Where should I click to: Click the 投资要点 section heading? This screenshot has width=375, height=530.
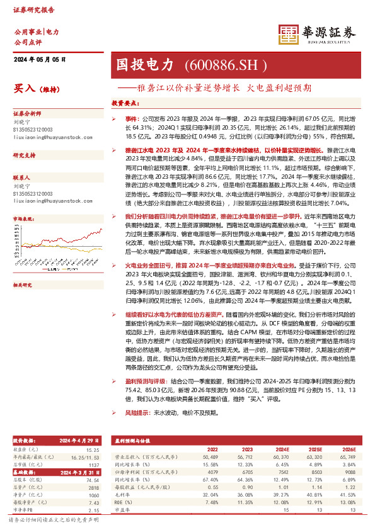pyautogui.click(x=125, y=102)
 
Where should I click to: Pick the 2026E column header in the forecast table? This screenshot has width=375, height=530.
pyautogui.click(x=349, y=448)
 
